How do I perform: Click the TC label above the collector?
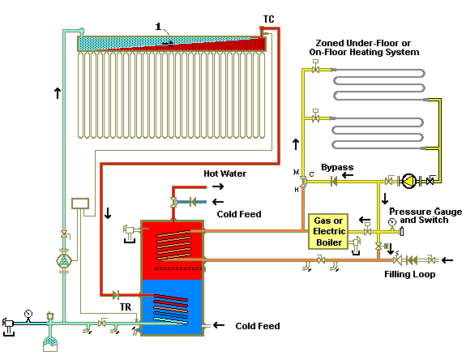(268, 18)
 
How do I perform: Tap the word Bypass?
(337, 168)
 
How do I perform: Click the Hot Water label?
(224, 174)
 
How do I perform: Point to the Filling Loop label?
(410, 274)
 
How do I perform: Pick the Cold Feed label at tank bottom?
(257, 326)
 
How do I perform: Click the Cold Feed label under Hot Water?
(239, 214)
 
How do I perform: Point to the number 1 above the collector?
(156, 27)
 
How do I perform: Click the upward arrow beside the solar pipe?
(56, 93)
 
